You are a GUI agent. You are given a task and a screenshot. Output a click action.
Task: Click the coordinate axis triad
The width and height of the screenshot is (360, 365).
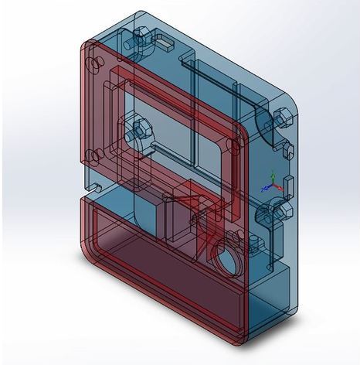272,182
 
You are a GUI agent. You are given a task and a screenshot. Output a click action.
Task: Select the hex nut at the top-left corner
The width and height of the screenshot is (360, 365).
144,39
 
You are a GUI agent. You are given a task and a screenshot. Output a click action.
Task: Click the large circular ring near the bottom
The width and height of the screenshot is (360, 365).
226,258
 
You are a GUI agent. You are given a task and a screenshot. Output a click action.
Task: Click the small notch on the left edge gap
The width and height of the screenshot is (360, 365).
96,186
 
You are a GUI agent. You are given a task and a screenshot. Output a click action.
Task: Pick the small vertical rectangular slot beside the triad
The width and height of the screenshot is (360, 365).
288,185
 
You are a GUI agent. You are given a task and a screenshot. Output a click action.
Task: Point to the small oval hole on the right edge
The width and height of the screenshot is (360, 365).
291,151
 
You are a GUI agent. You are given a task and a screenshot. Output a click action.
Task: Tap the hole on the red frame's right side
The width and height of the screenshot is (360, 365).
233,147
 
